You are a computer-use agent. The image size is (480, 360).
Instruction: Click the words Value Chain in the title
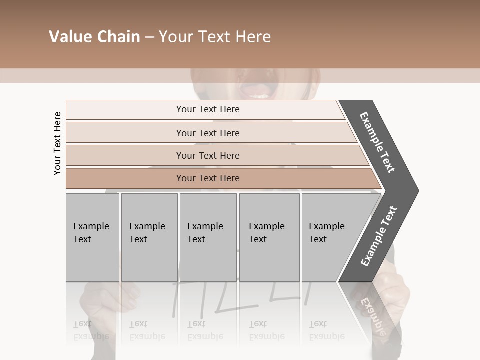(x=94, y=37)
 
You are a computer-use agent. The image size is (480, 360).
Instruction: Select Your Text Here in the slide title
(x=215, y=37)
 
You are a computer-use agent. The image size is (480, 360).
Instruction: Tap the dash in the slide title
(x=149, y=37)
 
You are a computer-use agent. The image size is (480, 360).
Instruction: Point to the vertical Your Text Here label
(x=57, y=144)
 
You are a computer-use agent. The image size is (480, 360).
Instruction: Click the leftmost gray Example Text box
(x=92, y=237)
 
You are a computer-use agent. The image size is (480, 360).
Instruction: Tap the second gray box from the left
(x=149, y=237)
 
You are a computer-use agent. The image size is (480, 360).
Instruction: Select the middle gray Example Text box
(x=208, y=237)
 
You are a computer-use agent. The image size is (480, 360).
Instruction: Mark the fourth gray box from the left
(x=269, y=237)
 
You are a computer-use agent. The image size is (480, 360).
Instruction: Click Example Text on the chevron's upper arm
(x=377, y=143)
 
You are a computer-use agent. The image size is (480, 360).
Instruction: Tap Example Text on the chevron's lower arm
(x=379, y=236)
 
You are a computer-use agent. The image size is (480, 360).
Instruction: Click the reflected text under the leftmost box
(x=91, y=330)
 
